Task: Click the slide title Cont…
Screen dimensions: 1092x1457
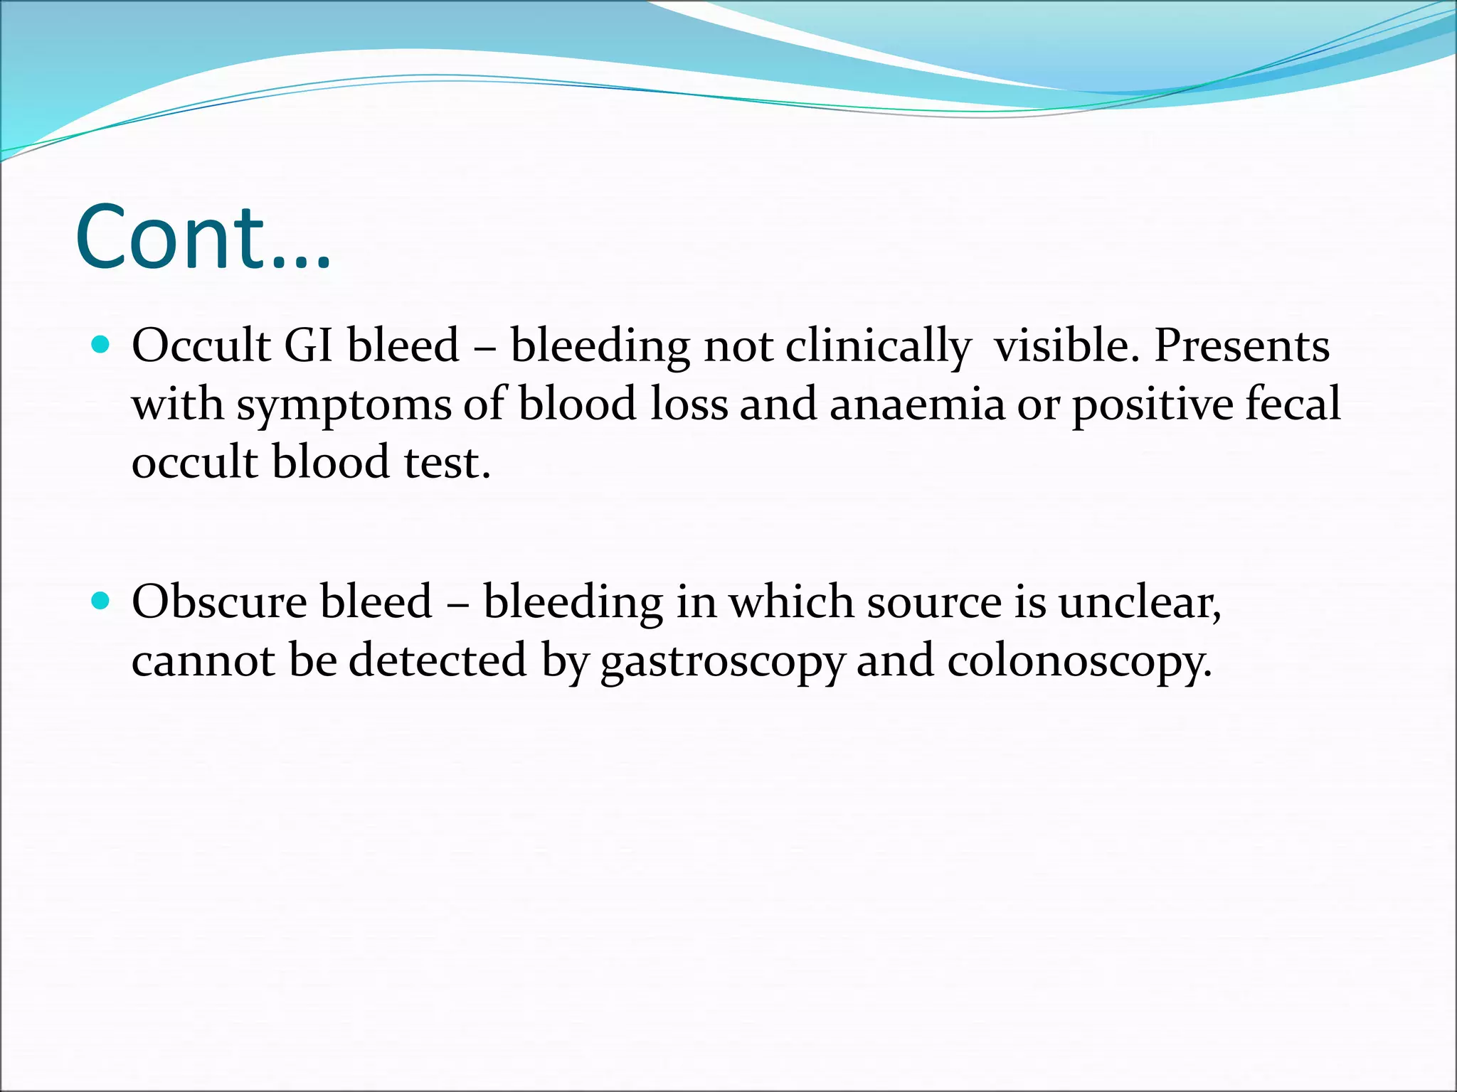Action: coord(203,238)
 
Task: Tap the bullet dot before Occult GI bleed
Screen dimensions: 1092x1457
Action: coord(101,346)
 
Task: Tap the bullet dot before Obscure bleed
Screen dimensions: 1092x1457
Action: coord(101,601)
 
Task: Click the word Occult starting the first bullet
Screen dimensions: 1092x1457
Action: coord(201,346)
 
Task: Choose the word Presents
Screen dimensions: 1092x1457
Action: coord(1241,346)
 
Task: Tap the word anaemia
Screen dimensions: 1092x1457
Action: coord(917,405)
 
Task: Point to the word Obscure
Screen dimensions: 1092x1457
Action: coord(220,602)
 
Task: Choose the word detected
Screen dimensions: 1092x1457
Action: coord(438,660)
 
